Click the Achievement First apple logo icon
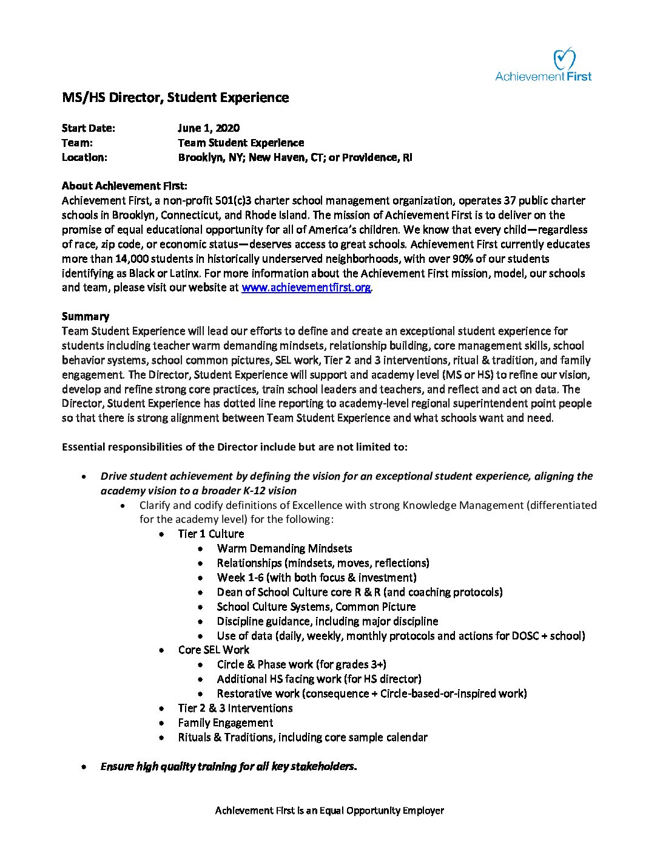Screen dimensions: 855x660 (565, 59)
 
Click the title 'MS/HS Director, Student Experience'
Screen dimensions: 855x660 (175, 98)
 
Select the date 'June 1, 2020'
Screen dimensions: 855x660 (208, 128)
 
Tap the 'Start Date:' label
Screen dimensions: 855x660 (88, 128)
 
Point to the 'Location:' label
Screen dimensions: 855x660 (84, 157)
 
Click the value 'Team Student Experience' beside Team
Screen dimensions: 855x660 (241, 143)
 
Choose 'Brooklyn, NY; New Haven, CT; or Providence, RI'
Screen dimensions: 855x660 (295, 157)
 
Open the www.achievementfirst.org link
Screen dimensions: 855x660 (306, 288)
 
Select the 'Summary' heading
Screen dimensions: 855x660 (86, 316)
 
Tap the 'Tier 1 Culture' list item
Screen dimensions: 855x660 (211, 534)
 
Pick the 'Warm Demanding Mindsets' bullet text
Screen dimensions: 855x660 (285, 548)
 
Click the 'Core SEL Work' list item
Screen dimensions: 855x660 (214, 650)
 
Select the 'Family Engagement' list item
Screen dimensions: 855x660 (225, 723)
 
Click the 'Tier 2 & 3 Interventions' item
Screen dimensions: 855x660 (235, 708)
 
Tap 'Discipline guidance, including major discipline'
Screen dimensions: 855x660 (328, 621)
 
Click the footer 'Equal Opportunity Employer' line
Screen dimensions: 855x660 (329, 811)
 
